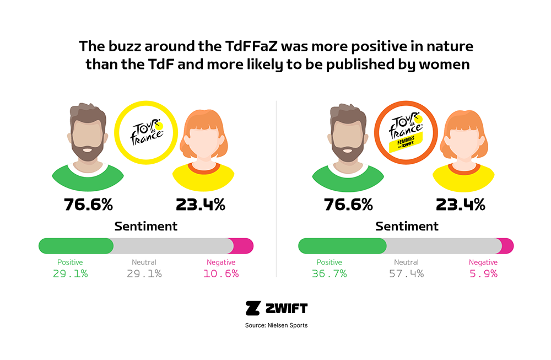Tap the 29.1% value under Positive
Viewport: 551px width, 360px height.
(x=71, y=273)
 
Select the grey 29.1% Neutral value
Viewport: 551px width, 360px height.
(x=144, y=273)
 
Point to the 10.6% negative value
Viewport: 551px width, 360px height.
(x=221, y=273)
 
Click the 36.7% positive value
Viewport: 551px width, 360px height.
(x=329, y=273)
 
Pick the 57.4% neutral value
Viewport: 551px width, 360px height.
(x=406, y=273)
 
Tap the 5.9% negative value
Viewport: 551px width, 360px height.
(x=483, y=273)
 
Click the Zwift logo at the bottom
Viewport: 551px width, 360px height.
(x=276, y=308)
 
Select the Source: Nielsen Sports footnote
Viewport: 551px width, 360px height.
(x=276, y=325)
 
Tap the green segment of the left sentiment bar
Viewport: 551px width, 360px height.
(x=76, y=246)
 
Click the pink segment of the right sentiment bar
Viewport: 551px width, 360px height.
(x=506, y=246)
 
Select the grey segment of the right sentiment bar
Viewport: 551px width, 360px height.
(x=441, y=246)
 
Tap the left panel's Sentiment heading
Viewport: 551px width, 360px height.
(x=146, y=226)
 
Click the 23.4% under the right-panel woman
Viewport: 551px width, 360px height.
(x=460, y=205)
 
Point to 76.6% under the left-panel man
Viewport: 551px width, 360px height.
(x=88, y=205)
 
